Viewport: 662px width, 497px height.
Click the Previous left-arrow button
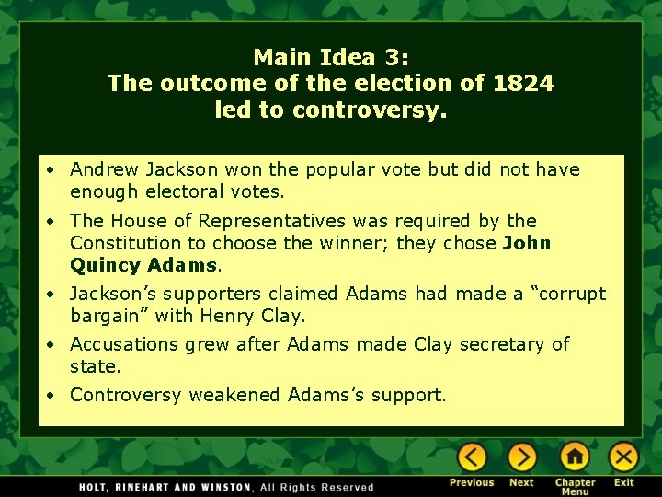(x=473, y=457)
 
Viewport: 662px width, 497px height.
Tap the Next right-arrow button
(x=522, y=457)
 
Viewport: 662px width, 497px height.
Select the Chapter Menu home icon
(x=575, y=457)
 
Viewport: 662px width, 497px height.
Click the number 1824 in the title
(x=523, y=84)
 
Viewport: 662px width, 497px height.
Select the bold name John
(x=527, y=243)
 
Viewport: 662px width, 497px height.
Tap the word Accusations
(x=125, y=344)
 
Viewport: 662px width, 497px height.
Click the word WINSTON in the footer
(x=219, y=487)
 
